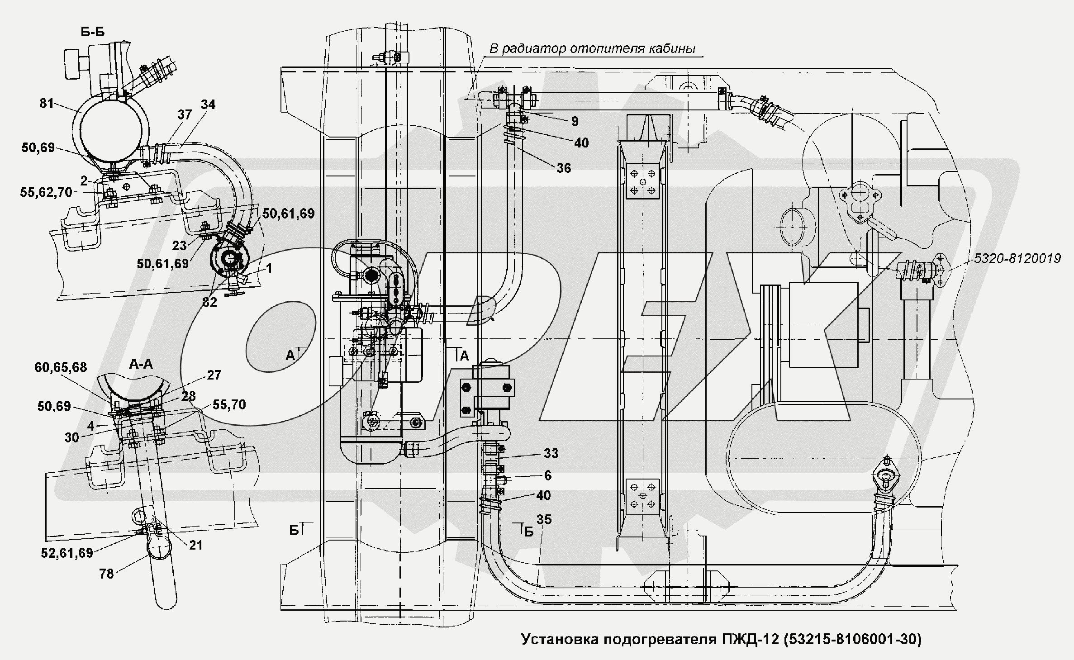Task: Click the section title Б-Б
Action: [x=92, y=32]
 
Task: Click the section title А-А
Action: [x=141, y=364]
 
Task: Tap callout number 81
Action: [x=47, y=104]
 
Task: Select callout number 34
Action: [x=208, y=104]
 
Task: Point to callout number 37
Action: [x=185, y=115]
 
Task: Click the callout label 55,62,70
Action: [x=46, y=192]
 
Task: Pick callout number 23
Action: [x=179, y=246]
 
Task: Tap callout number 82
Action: [x=209, y=302]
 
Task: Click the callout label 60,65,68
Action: [x=61, y=367]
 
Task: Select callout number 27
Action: [x=214, y=375]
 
